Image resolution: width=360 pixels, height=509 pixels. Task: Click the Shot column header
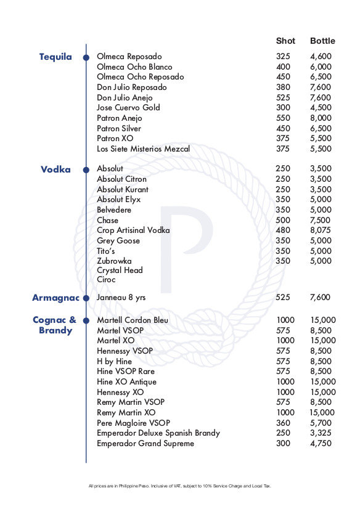click(285, 41)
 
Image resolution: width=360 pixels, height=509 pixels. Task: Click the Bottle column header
click(322, 41)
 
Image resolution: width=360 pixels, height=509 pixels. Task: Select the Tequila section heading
click(55, 57)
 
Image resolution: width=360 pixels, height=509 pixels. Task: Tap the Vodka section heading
click(55, 169)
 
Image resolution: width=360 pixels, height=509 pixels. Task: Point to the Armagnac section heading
click(55, 298)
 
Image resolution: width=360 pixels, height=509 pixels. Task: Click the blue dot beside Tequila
click(86, 57)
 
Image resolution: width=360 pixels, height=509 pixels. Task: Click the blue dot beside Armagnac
click(86, 298)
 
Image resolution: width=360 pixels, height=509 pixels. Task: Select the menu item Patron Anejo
click(120, 118)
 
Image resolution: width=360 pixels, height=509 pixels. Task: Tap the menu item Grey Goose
click(118, 241)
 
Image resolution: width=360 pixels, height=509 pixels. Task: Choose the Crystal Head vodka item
click(120, 271)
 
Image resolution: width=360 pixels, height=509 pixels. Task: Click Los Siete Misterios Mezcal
click(143, 149)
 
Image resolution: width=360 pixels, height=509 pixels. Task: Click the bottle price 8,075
click(321, 230)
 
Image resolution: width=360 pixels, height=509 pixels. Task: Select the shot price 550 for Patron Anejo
click(283, 118)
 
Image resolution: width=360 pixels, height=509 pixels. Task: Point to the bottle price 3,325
click(321, 433)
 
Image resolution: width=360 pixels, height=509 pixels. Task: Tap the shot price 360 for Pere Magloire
click(283, 423)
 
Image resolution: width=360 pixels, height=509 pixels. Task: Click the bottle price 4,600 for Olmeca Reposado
click(321, 57)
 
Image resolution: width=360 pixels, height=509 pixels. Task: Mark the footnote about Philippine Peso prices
click(179, 486)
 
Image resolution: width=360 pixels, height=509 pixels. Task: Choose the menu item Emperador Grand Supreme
click(145, 444)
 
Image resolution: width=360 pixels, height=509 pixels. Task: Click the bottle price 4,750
click(321, 444)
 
